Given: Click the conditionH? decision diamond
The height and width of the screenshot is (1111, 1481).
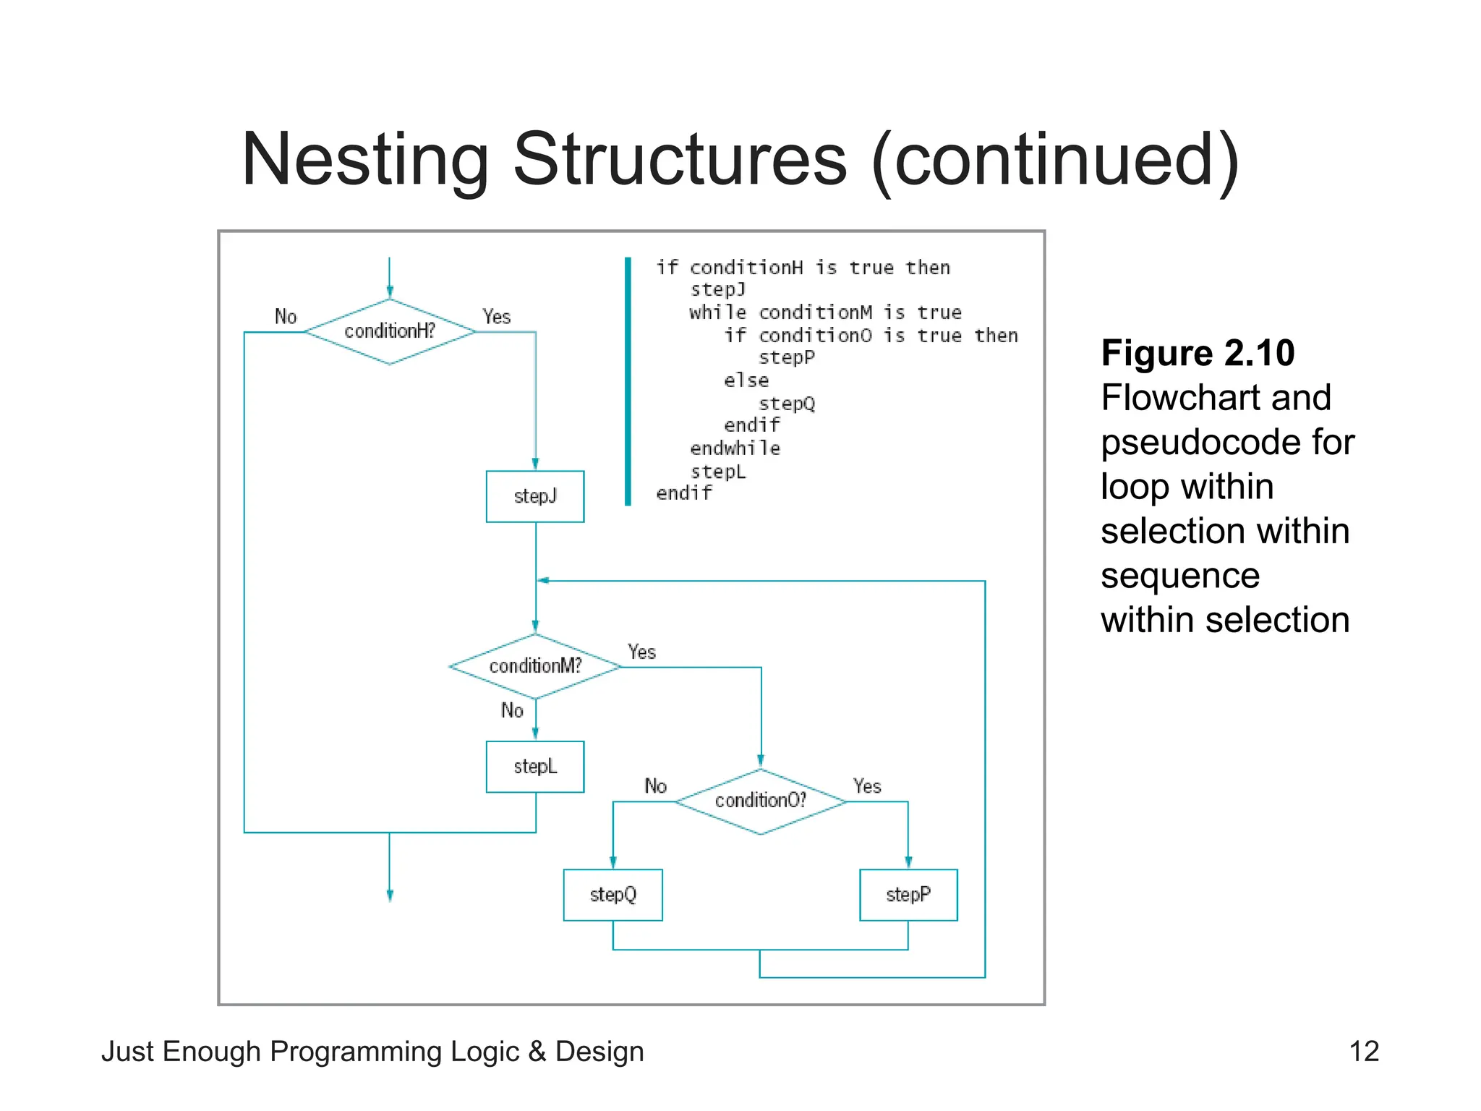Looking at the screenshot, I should tap(390, 331).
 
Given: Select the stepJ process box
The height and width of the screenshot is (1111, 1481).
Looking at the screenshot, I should tap(535, 496).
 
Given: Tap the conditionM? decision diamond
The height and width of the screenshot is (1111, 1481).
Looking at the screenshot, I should tap(535, 666).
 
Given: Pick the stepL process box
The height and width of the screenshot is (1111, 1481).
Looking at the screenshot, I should tap(535, 767).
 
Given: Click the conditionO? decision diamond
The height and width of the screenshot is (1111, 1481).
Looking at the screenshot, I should tap(760, 801).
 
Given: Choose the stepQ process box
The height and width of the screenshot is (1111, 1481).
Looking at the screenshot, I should tap(613, 895).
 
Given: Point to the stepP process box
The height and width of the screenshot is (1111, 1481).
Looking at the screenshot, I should tap(908, 895).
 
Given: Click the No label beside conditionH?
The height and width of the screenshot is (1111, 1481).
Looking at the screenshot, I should tap(286, 317).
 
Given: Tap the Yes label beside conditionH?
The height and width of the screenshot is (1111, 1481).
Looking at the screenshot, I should tap(497, 317).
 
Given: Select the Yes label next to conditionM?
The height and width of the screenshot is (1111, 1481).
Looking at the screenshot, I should tap(641, 652).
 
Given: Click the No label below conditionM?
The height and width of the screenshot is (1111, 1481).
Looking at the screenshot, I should tap(512, 710).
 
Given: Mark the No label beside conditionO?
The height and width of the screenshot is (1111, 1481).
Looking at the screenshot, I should tap(655, 786).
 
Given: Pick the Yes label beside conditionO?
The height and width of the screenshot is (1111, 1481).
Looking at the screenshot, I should tap(867, 786).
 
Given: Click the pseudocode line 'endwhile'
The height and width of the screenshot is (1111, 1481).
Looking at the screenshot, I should tap(735, 448).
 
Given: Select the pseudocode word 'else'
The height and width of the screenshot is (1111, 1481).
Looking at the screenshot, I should tap(746, 380).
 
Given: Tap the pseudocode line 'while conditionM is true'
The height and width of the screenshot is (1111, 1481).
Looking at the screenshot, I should tap(825, 312).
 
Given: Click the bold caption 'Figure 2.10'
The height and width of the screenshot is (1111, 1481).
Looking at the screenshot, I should tap(1198, 353).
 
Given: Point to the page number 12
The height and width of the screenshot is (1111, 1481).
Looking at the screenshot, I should tap(1364, 1051).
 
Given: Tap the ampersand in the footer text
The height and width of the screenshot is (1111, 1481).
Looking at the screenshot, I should tap(537, 1052).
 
